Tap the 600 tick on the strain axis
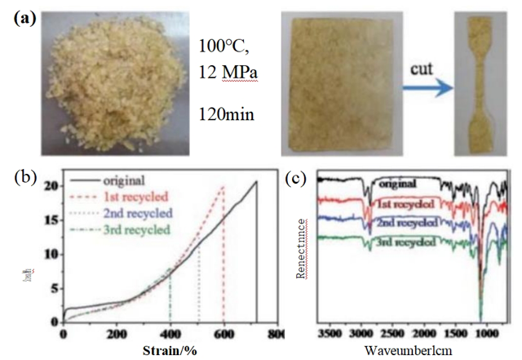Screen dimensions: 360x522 (x=223, y=335)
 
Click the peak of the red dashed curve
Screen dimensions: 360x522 (x=223, y=188)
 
